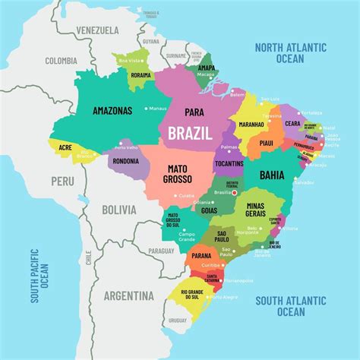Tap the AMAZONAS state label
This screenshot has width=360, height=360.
[x=112, y=110]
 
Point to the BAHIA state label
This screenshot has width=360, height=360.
[x=272, y=175]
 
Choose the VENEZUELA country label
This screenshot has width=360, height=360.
[x=96, y=30]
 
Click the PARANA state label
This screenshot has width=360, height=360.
[x=201, y=256]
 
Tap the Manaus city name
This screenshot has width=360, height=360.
[x=157, y=109]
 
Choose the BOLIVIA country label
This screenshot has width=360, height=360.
[x=118, y=209]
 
